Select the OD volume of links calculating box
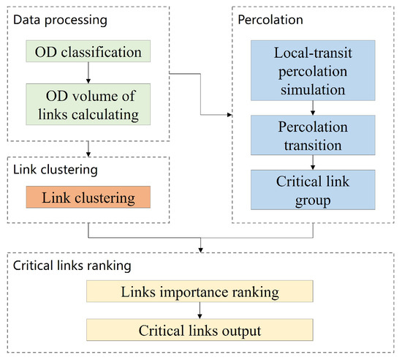pyautogui.click(x=88, y=104)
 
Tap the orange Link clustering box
pyautogui.click(x=88, y=198)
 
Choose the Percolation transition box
pyautogui.click(x=313, y=135)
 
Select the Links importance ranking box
pyautogui.click(x=200, y=293)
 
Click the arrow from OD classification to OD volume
pyautogui.click(x=88, y=73)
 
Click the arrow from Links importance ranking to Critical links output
pyautogui.click(x=200, y=310)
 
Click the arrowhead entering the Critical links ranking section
pyautogui.click(x=200, y=250)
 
